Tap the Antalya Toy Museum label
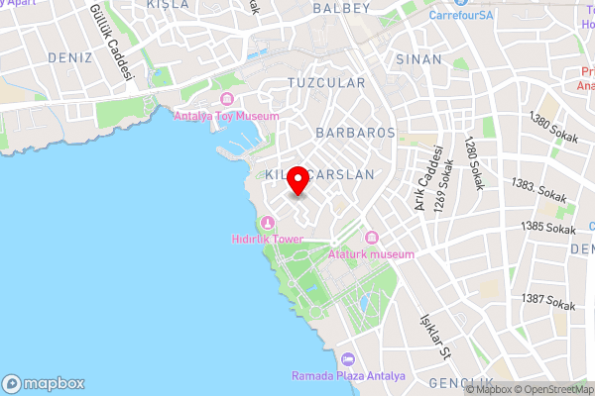point(226,116)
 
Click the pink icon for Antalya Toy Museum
point(227,99)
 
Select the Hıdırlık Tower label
point(265,240)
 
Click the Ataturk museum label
point(371,254)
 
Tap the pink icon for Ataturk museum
point(372,238)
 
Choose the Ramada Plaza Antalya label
point(347,376)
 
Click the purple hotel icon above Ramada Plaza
point(347,359)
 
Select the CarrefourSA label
point(461,16)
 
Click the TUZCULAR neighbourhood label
point(325,83)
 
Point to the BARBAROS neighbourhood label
point(355,132)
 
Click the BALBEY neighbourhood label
point(341,8)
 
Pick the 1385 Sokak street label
point(548,229)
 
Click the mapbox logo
point(44,383)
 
